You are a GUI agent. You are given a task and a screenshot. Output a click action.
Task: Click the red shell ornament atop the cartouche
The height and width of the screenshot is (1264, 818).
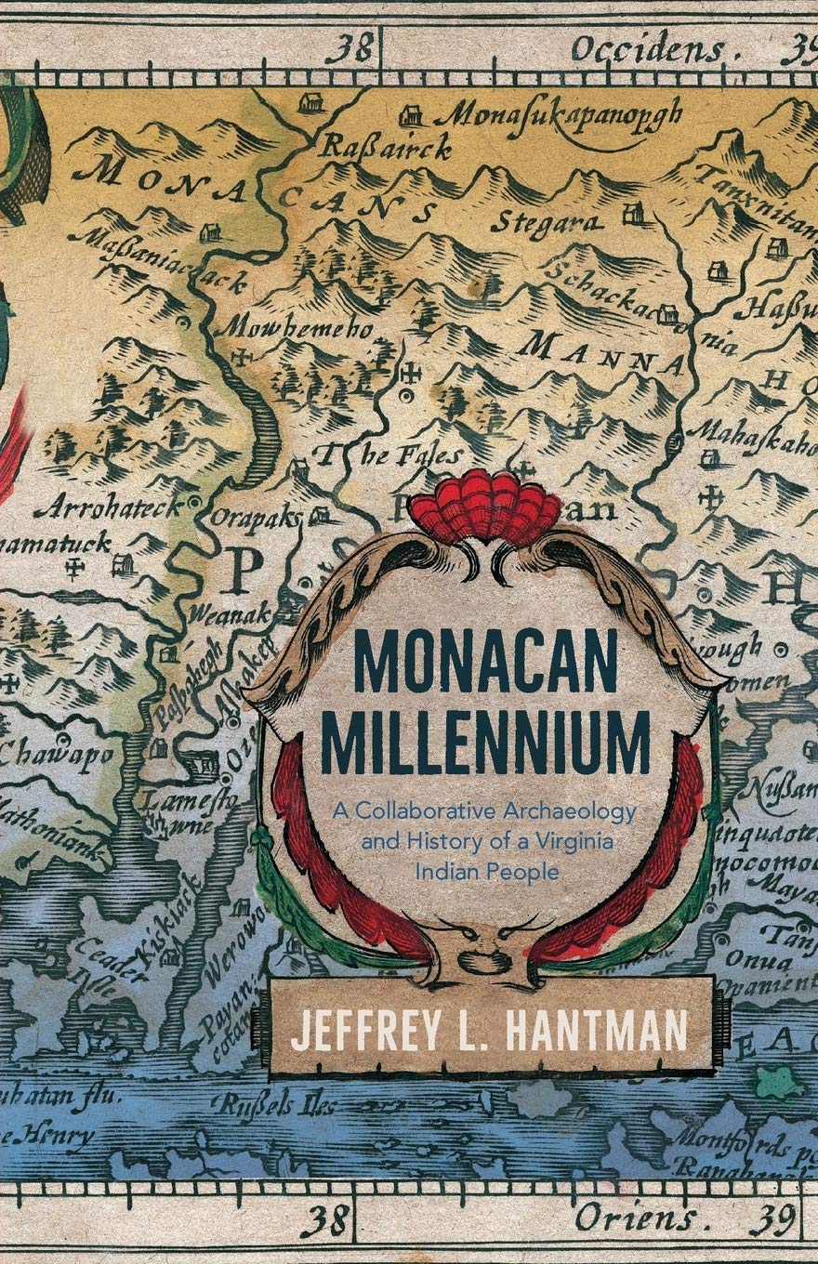(x=485, y=506)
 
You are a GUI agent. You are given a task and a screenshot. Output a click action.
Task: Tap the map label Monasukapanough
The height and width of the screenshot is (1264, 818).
(x=555, y=116)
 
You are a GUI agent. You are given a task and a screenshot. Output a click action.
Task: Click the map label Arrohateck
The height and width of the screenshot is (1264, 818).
(x=110, y=507)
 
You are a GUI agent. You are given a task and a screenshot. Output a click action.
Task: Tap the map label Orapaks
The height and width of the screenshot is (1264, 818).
(x=257, y=517)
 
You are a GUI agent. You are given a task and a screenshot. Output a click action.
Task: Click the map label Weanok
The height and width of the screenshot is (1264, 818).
(x=230, y=613)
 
